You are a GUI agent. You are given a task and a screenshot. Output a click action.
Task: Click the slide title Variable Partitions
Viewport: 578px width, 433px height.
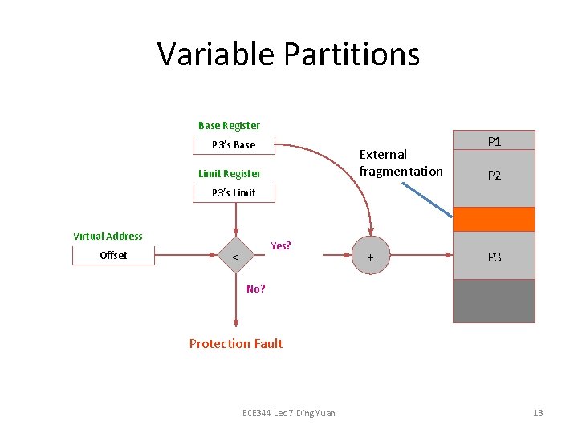tap(288, 55)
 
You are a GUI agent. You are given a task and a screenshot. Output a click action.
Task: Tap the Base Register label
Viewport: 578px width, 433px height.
tap(229, 125)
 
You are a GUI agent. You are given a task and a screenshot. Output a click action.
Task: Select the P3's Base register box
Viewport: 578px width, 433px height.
tap(234, 145)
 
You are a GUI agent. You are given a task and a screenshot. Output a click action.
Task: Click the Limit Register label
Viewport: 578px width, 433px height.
tap(230, 173)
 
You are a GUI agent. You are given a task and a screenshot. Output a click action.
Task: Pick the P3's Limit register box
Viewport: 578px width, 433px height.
tap(234, 192)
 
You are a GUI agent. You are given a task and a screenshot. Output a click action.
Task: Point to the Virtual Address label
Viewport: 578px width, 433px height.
tap(108, 236)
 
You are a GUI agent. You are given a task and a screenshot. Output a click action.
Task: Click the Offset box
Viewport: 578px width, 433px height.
tap(113, 255)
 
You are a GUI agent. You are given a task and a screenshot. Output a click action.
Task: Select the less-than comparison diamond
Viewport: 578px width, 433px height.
tap(235, 256)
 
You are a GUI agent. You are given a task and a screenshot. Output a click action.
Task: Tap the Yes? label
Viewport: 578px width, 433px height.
tap(281, 245)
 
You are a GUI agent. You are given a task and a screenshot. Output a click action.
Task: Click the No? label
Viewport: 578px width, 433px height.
tap(256, 289)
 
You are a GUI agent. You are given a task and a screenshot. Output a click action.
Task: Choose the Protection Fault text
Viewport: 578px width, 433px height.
tap(236, 343)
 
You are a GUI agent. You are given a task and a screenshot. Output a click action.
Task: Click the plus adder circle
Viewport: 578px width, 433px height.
tap(370, 257)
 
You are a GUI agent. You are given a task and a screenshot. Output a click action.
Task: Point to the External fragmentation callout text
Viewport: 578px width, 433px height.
tap(401, 163)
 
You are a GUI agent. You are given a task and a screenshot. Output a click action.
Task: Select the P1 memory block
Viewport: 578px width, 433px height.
tap(494, 140)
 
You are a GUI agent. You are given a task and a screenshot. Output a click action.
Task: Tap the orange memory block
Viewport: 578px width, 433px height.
tap(494, 218)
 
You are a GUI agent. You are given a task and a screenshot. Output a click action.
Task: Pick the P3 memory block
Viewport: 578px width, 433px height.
tap(494, 256)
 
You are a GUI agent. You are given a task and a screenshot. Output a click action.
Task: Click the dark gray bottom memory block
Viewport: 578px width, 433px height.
tap(494, 301)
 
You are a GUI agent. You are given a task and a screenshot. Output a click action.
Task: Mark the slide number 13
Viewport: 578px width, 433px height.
tap(538, 413)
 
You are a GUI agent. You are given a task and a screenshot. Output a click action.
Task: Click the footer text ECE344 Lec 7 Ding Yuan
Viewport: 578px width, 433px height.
tap(289, 413)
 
